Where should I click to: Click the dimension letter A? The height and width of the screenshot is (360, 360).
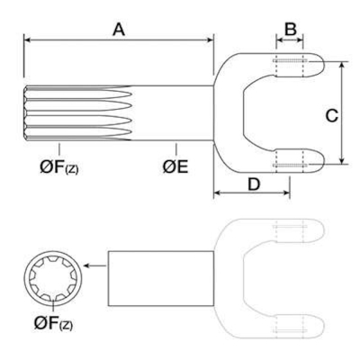pos(118,29)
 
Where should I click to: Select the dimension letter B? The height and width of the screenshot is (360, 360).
pos(290,29)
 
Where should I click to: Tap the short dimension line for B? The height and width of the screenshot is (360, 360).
pos(290,40)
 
